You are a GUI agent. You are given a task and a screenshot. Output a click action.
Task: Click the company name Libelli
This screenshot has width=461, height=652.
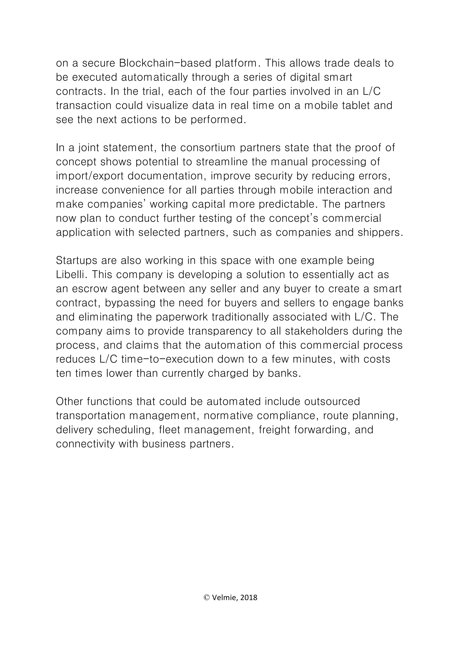point(71,275)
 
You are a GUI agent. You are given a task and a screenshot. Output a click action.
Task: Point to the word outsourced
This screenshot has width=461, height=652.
point(332,402)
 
